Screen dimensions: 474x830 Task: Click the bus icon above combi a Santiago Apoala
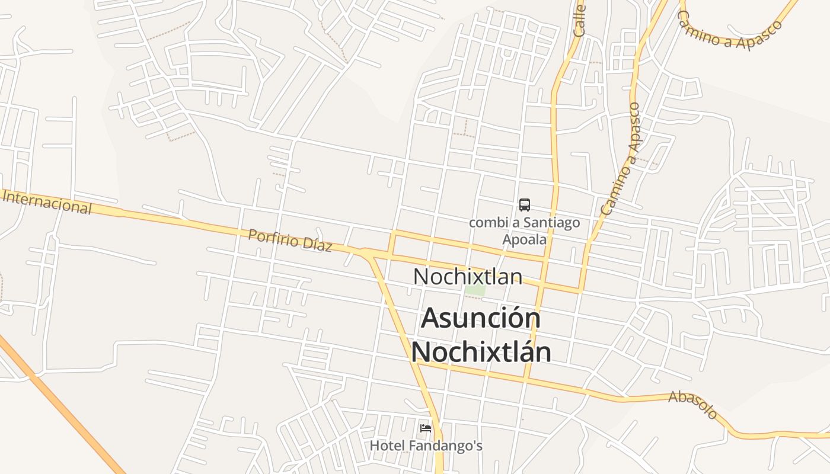tap(524, 205)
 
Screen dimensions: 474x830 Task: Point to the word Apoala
tap(524, 240)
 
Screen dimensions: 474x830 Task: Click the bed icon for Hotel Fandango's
tap(425, 428)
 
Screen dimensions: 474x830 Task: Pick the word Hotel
tap(388, 446)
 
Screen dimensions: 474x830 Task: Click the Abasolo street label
tap(694, 405)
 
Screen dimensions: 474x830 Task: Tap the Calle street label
tap(579, 21)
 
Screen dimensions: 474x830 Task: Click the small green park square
tap(475, 291)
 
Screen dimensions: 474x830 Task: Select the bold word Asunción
tap(481, 318)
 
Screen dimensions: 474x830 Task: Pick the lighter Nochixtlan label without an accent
tap(468, 277)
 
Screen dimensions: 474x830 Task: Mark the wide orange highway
tap(59, 403)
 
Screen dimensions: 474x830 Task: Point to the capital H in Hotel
tap(375, 446)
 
